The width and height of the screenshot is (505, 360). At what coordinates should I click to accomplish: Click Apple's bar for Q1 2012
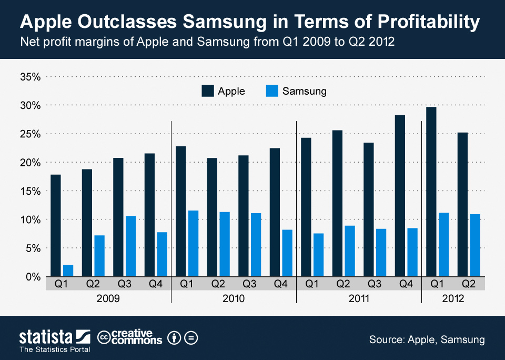point(431,192)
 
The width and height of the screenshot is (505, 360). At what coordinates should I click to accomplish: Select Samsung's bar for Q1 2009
point(68,271)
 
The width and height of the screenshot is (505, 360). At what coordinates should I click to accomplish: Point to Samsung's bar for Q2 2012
point(475,245)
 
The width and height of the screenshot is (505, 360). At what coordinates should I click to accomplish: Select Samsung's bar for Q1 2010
point(193,243)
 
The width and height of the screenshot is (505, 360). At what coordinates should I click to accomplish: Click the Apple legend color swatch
point(207,91)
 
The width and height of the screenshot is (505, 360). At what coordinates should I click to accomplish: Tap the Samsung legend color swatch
point(271,91)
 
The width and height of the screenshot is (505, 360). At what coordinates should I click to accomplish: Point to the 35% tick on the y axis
point(30,77)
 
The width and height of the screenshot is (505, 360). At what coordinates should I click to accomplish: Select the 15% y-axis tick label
point(30,191)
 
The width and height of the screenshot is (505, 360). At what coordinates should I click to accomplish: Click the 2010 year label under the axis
point(234,298)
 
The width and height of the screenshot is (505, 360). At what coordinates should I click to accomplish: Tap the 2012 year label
point(453,298)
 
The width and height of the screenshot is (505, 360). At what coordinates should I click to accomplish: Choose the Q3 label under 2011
point(374,284)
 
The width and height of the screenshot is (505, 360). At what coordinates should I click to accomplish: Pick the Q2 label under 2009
point(93,284)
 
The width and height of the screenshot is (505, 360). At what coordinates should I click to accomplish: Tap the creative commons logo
point(130,337)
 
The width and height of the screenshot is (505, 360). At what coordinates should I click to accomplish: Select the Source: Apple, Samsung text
point(427,339)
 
